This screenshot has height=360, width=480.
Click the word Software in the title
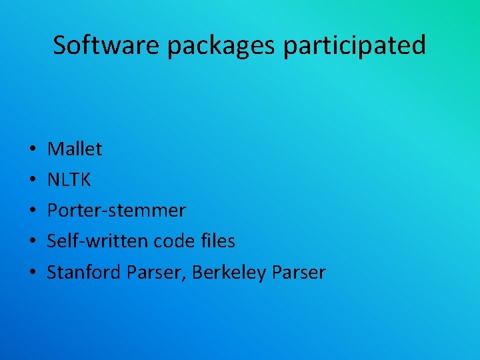point(107,45)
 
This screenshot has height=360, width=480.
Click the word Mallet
point(75,149)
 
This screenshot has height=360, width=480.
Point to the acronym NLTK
point(69,180)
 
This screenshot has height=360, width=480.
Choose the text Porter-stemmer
point(116,211)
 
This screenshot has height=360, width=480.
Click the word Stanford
point(81,272)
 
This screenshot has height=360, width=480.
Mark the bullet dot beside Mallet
point(33,150)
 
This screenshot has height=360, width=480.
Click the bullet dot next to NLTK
point(33,181)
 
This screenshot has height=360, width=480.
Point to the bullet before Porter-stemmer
point(33,211)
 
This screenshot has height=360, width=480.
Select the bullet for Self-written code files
point(33,242)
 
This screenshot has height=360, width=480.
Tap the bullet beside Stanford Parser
point(33,273)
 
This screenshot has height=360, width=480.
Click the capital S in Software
point(60,45)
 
